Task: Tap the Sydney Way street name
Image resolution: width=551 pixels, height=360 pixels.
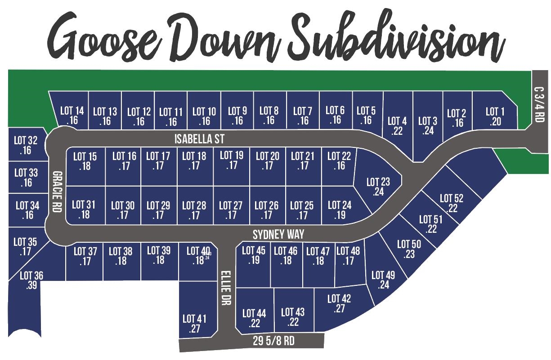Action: [278, 234]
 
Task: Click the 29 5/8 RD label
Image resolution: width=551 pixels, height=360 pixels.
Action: [273, 341]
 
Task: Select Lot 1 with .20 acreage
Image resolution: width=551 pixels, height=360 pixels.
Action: [495, 116]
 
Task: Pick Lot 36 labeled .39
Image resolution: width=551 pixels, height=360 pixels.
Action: [31, 280]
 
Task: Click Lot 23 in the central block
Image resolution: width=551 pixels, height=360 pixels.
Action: [378, 187]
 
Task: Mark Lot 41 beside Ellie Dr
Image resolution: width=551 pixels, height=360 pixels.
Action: [194, 324]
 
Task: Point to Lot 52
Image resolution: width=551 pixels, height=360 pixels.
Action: [452, 203]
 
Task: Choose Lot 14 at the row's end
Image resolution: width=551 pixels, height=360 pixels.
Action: [72, 115]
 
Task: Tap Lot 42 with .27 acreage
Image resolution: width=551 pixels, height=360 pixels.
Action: [339, 303]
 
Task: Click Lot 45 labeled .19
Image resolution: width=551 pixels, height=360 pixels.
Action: [254, 255]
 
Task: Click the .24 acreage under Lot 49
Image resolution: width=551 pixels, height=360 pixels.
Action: [384, 285]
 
